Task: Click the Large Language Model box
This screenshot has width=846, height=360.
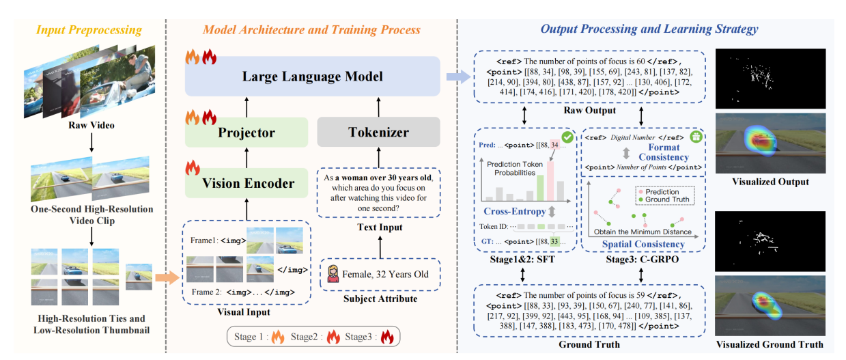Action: click(x=312, y=76)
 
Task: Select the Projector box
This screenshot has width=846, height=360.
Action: click(x=246, y=132)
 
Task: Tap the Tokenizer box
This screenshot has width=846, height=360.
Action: click(x=378, y=132)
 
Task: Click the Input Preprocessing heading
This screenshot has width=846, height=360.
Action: click(x=89, y=29)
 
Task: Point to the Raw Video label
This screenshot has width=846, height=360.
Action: click(x=91, y=126)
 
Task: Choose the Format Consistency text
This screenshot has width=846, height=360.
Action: click(x=663, y=152)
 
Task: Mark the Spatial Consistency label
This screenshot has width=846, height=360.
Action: click(x=645, y=244)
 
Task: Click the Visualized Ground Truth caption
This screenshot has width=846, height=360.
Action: click(x=770, y=344)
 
